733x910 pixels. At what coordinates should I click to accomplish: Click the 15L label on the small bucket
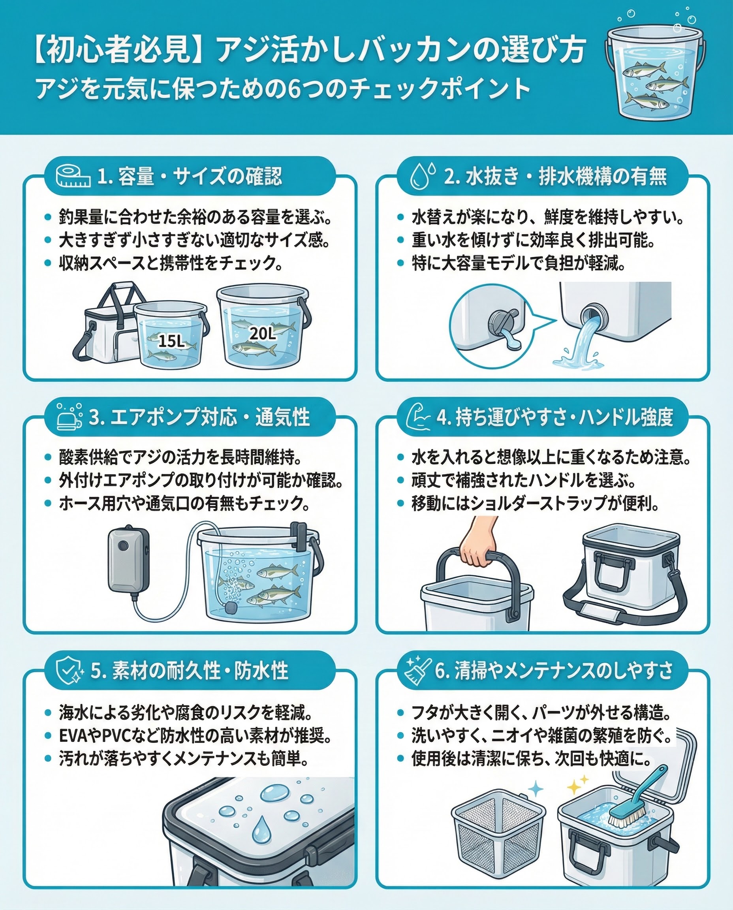171,341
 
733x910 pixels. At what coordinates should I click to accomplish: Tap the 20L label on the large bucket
263,334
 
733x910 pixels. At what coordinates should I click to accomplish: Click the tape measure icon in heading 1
73,177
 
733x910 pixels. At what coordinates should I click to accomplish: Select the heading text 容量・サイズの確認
200,177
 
